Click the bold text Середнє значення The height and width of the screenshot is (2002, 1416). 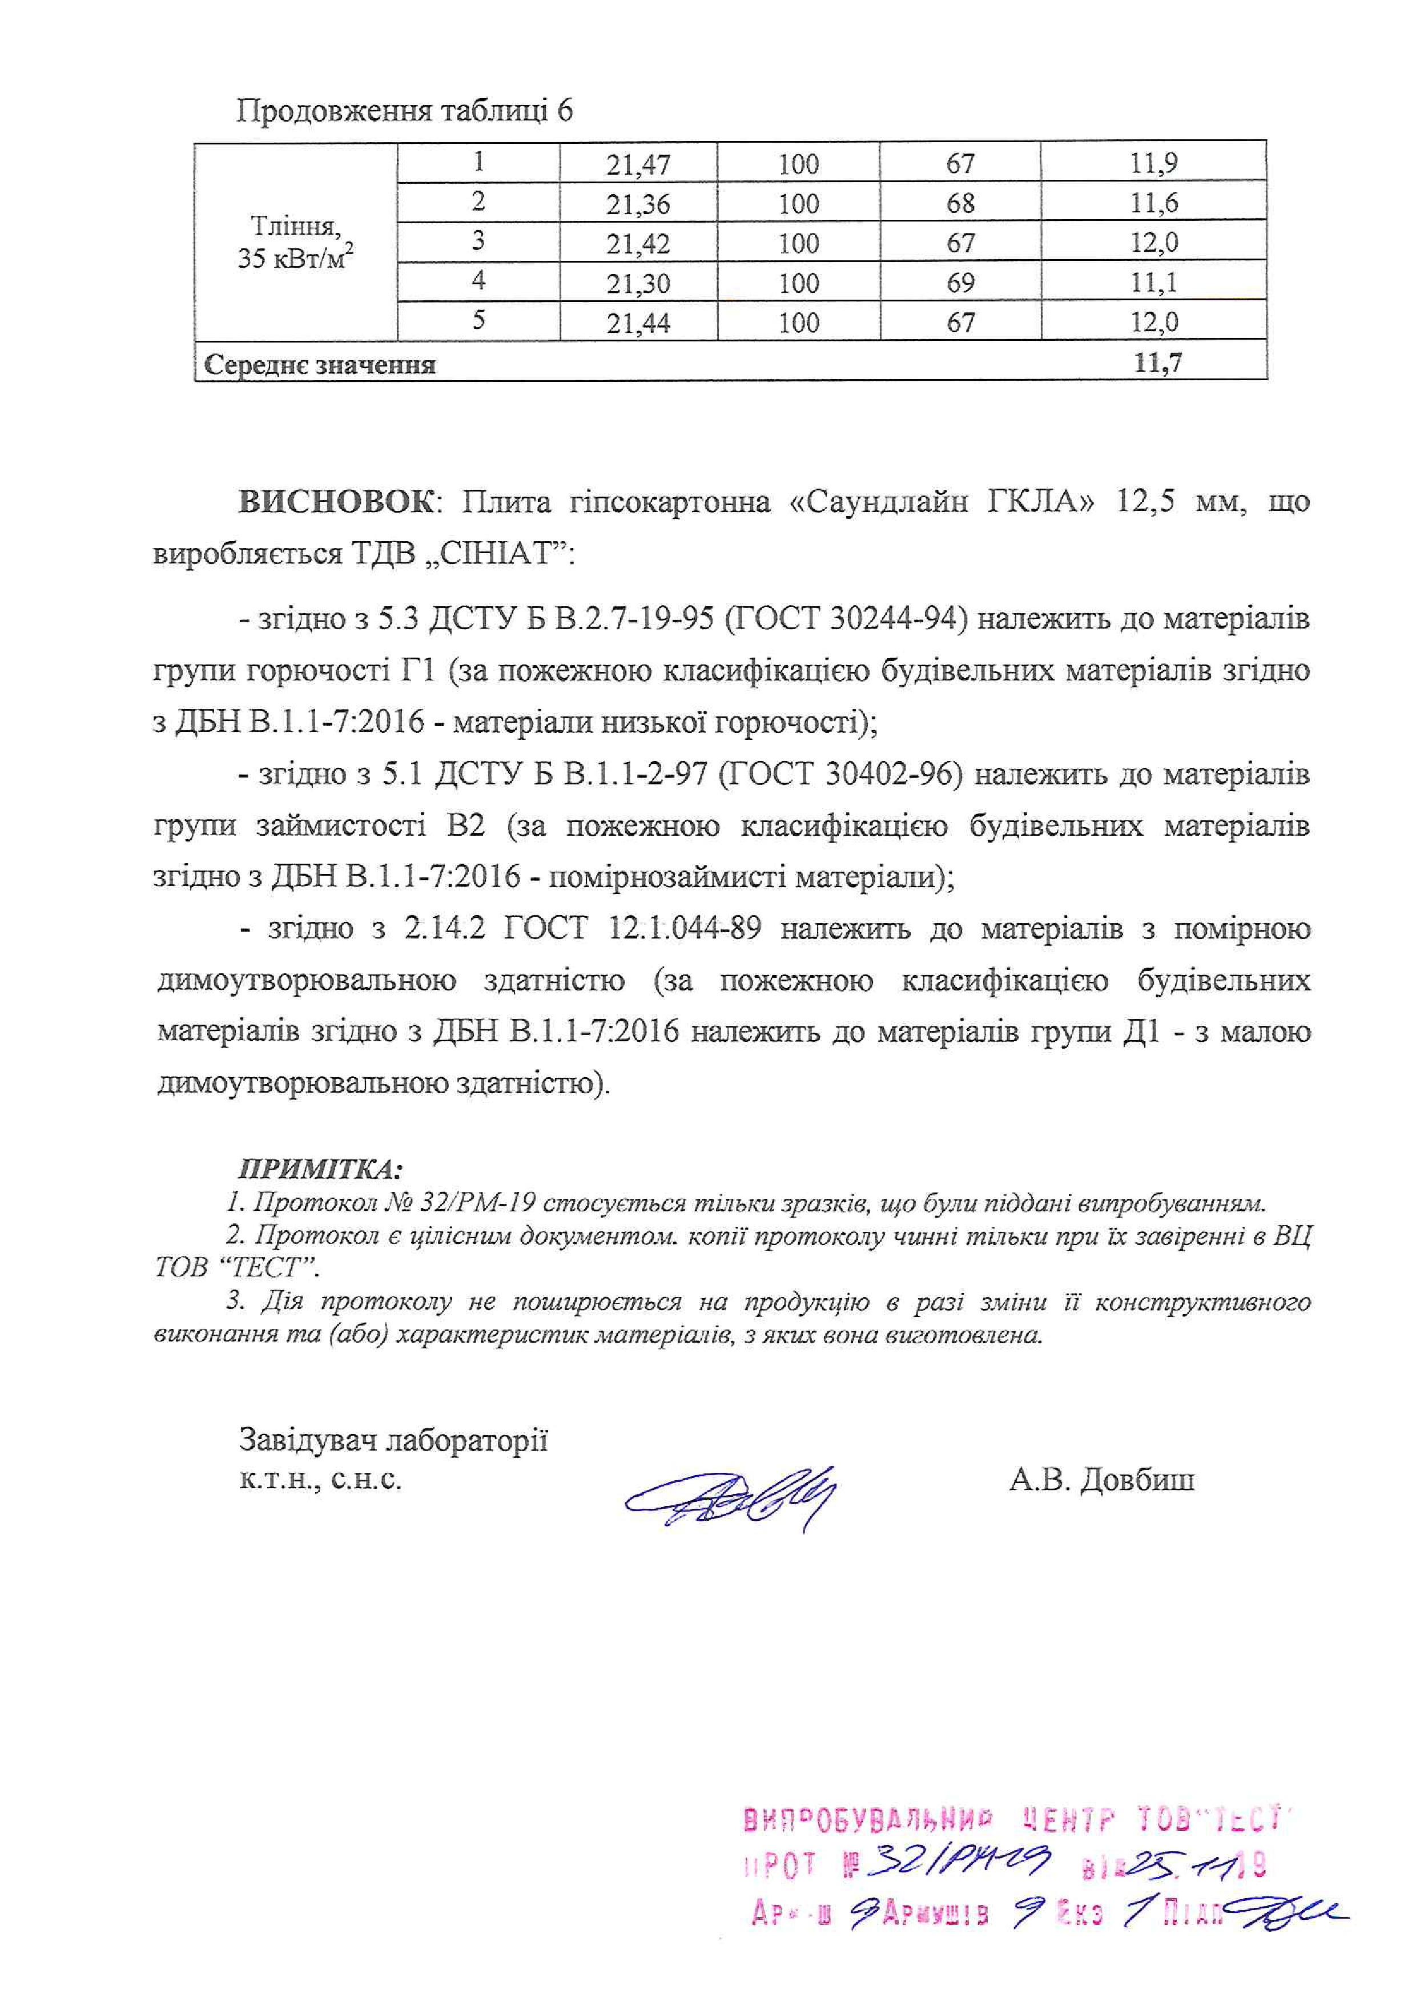point(319,364)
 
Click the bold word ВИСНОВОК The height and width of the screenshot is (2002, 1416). point(335,502)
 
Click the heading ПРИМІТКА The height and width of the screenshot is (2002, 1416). point(320,1169)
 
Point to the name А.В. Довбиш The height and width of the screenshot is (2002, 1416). point(1101,1480)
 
